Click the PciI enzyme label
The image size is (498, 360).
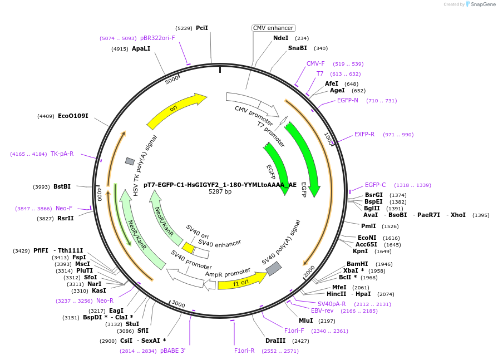coord(202,28)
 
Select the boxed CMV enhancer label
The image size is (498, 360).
coord(273,28)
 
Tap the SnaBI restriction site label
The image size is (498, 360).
coord(298,48)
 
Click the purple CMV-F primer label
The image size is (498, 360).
coord(315,63)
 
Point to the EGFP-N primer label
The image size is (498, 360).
coord(348,101)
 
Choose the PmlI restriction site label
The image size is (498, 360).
coord(368,226)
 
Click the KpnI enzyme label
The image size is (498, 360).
coord(360,251)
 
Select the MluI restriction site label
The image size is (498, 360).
coord(305,320)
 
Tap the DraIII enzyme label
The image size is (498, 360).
coord(275,341)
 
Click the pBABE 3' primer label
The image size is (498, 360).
coord(173,351)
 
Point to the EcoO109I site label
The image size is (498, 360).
coord(73,116)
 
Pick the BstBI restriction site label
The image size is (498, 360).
coord(62,187)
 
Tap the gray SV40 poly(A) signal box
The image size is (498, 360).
coord(274,269)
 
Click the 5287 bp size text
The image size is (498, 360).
coord(220,192)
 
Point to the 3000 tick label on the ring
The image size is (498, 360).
coord(178,304)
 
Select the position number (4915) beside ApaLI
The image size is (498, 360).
coord(120,49)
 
